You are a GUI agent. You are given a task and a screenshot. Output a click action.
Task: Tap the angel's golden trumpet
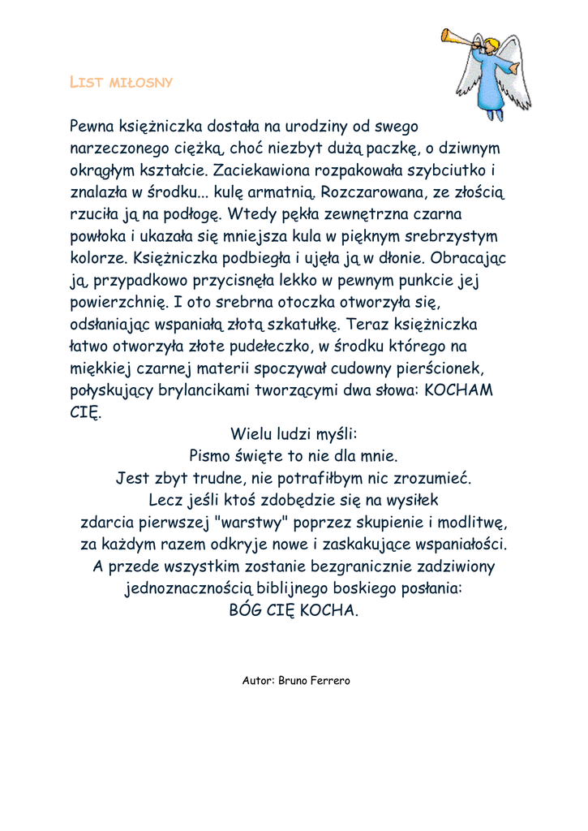click(x=458, y=38)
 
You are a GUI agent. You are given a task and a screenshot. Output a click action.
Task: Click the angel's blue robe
click(x=493, y=84)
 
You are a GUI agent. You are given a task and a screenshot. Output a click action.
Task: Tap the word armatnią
click(x=279, y=192)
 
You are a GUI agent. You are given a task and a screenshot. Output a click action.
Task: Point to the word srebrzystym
click(x=449, y=236)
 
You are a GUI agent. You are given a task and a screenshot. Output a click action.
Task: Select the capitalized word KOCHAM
click(x=458, y=390)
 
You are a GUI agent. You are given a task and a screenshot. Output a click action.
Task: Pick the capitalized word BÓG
click(x=247, y=610)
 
